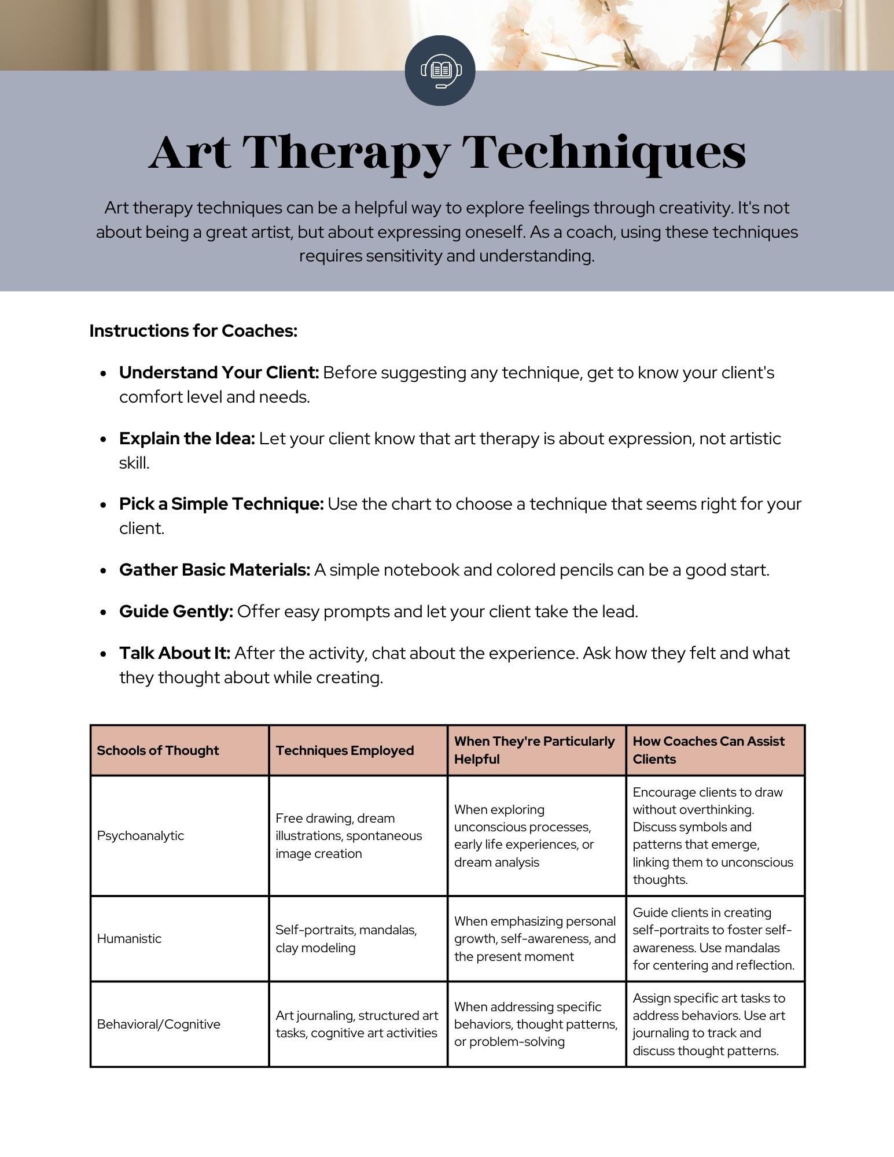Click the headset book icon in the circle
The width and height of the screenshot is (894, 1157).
coord(440,71)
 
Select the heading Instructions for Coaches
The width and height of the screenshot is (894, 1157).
coord(193,331)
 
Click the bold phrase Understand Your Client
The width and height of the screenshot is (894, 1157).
coord(219,373)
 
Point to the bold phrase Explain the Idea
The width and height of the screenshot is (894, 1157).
coord(187,439)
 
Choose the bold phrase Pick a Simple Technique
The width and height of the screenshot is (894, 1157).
coord(221,504)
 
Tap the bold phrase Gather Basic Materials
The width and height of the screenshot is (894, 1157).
coord(215,570)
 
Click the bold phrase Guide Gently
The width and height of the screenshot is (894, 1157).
coord(176,611)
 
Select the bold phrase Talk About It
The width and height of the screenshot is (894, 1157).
coord(175,653)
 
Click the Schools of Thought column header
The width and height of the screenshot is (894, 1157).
coord(158,750)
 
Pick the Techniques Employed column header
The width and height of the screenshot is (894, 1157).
coord(345,750)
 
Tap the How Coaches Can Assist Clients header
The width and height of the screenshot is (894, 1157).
coord(708,750)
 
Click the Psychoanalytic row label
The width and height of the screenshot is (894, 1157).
coord(141,835)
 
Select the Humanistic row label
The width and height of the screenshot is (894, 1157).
coord(129,938)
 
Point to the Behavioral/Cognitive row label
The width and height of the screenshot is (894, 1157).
coord(159,1024)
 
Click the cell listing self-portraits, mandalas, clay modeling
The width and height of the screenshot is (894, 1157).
coord(346,938)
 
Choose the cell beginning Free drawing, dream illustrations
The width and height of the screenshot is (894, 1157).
coord(348,835)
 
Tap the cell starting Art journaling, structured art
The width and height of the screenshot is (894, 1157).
coord(356,1024)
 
